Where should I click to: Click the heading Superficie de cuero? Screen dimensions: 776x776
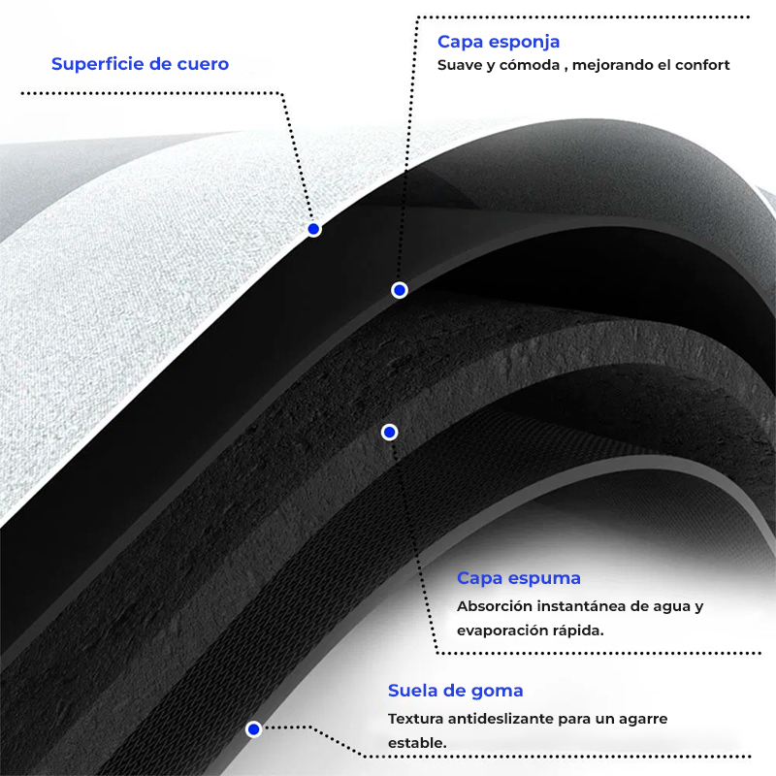tap(140, 64)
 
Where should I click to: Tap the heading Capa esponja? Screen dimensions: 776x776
tap(499, 42)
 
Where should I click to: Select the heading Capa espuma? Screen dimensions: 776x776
tap(519, 578)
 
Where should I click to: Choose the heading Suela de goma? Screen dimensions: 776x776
tap(456, 691)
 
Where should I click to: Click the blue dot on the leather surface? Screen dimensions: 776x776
tap(313, 229)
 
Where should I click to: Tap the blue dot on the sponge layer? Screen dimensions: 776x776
tap(399, 290)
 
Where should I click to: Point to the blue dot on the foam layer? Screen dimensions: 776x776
tap(389, 432)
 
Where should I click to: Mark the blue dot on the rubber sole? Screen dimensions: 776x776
tap(253, 728)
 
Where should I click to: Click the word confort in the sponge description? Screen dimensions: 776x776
tap(700, 66)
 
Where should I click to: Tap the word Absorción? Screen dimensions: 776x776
tap(495, 606)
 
